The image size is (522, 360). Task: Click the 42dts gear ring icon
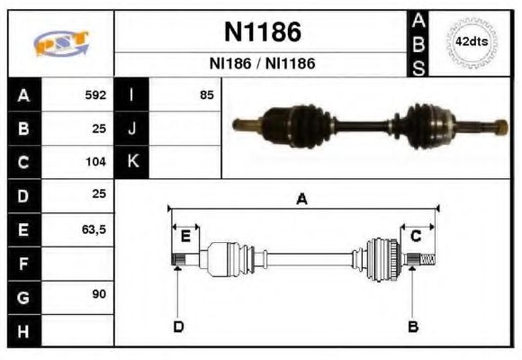click(x=471, y=42)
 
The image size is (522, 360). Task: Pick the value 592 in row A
click(x=95, y=94)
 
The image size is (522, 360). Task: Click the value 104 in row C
click(x=95, y=163)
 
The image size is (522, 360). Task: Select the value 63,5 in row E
click(x=94, y=230)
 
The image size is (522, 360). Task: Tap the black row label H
click(x=22, y=332)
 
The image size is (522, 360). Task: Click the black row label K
click(x=131, y=163)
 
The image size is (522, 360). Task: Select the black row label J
click(x=131, y=129)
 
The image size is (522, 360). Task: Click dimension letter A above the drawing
click(x=302, y=200)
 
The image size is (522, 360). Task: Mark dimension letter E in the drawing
click(x=184, y=237)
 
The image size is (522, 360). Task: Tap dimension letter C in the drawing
click(x=416, y=237)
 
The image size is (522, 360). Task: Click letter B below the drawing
click(x=413, y=326)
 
